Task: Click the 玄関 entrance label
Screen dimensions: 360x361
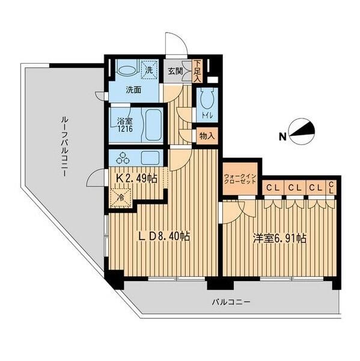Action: click(175, 71)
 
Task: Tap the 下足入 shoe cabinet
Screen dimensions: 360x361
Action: click(197, 71)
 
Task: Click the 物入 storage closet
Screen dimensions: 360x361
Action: click(207, 137)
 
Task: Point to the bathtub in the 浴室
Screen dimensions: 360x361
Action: click(153, 125)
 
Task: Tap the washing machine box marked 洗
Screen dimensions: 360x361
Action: click(149, 70)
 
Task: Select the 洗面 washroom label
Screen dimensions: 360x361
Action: click(133, 90)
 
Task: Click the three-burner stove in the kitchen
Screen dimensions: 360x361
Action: click(123, 158)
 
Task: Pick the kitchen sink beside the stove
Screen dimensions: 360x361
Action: click(150, 157)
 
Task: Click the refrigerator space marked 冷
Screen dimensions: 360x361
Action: click(121, 197)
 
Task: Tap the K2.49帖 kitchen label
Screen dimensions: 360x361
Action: click(136, 179)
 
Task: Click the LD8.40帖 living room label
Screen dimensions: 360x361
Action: click(163, 236)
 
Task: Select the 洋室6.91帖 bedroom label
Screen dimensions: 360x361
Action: click(279, 238)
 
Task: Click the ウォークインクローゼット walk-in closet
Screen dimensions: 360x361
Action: click(240, 179)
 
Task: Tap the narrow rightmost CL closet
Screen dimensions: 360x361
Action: click(331, 187)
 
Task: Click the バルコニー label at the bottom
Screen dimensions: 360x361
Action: click(231, 301)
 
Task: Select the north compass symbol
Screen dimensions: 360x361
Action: click(302, 132)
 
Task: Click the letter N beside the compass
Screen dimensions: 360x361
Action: click(282, 137)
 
